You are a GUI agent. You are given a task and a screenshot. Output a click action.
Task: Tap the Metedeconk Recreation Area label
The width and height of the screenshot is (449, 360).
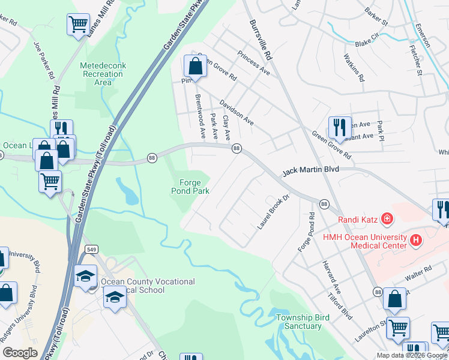click(x=103, y=74)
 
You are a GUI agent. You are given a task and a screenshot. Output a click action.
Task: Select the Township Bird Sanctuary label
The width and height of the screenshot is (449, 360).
click(x=299, y=322)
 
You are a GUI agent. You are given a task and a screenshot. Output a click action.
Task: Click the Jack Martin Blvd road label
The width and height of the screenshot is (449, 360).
click(x=310, y=170)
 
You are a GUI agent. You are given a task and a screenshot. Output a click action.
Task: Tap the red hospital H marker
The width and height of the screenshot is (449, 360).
click(x=415, y=240)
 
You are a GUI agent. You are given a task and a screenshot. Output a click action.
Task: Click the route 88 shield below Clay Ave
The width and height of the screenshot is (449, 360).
click(x=237, y=148)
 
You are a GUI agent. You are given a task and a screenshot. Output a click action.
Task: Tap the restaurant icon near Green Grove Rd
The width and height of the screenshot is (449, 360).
click(x=339, y=127)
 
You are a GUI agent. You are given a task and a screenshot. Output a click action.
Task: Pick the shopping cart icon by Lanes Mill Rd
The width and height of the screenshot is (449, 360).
click(x=78, y=25)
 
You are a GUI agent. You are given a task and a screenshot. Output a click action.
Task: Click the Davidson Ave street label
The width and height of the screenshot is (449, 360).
click(x=237, y=112)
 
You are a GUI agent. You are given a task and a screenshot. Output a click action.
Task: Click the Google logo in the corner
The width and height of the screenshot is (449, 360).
click(x=20, y=353)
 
